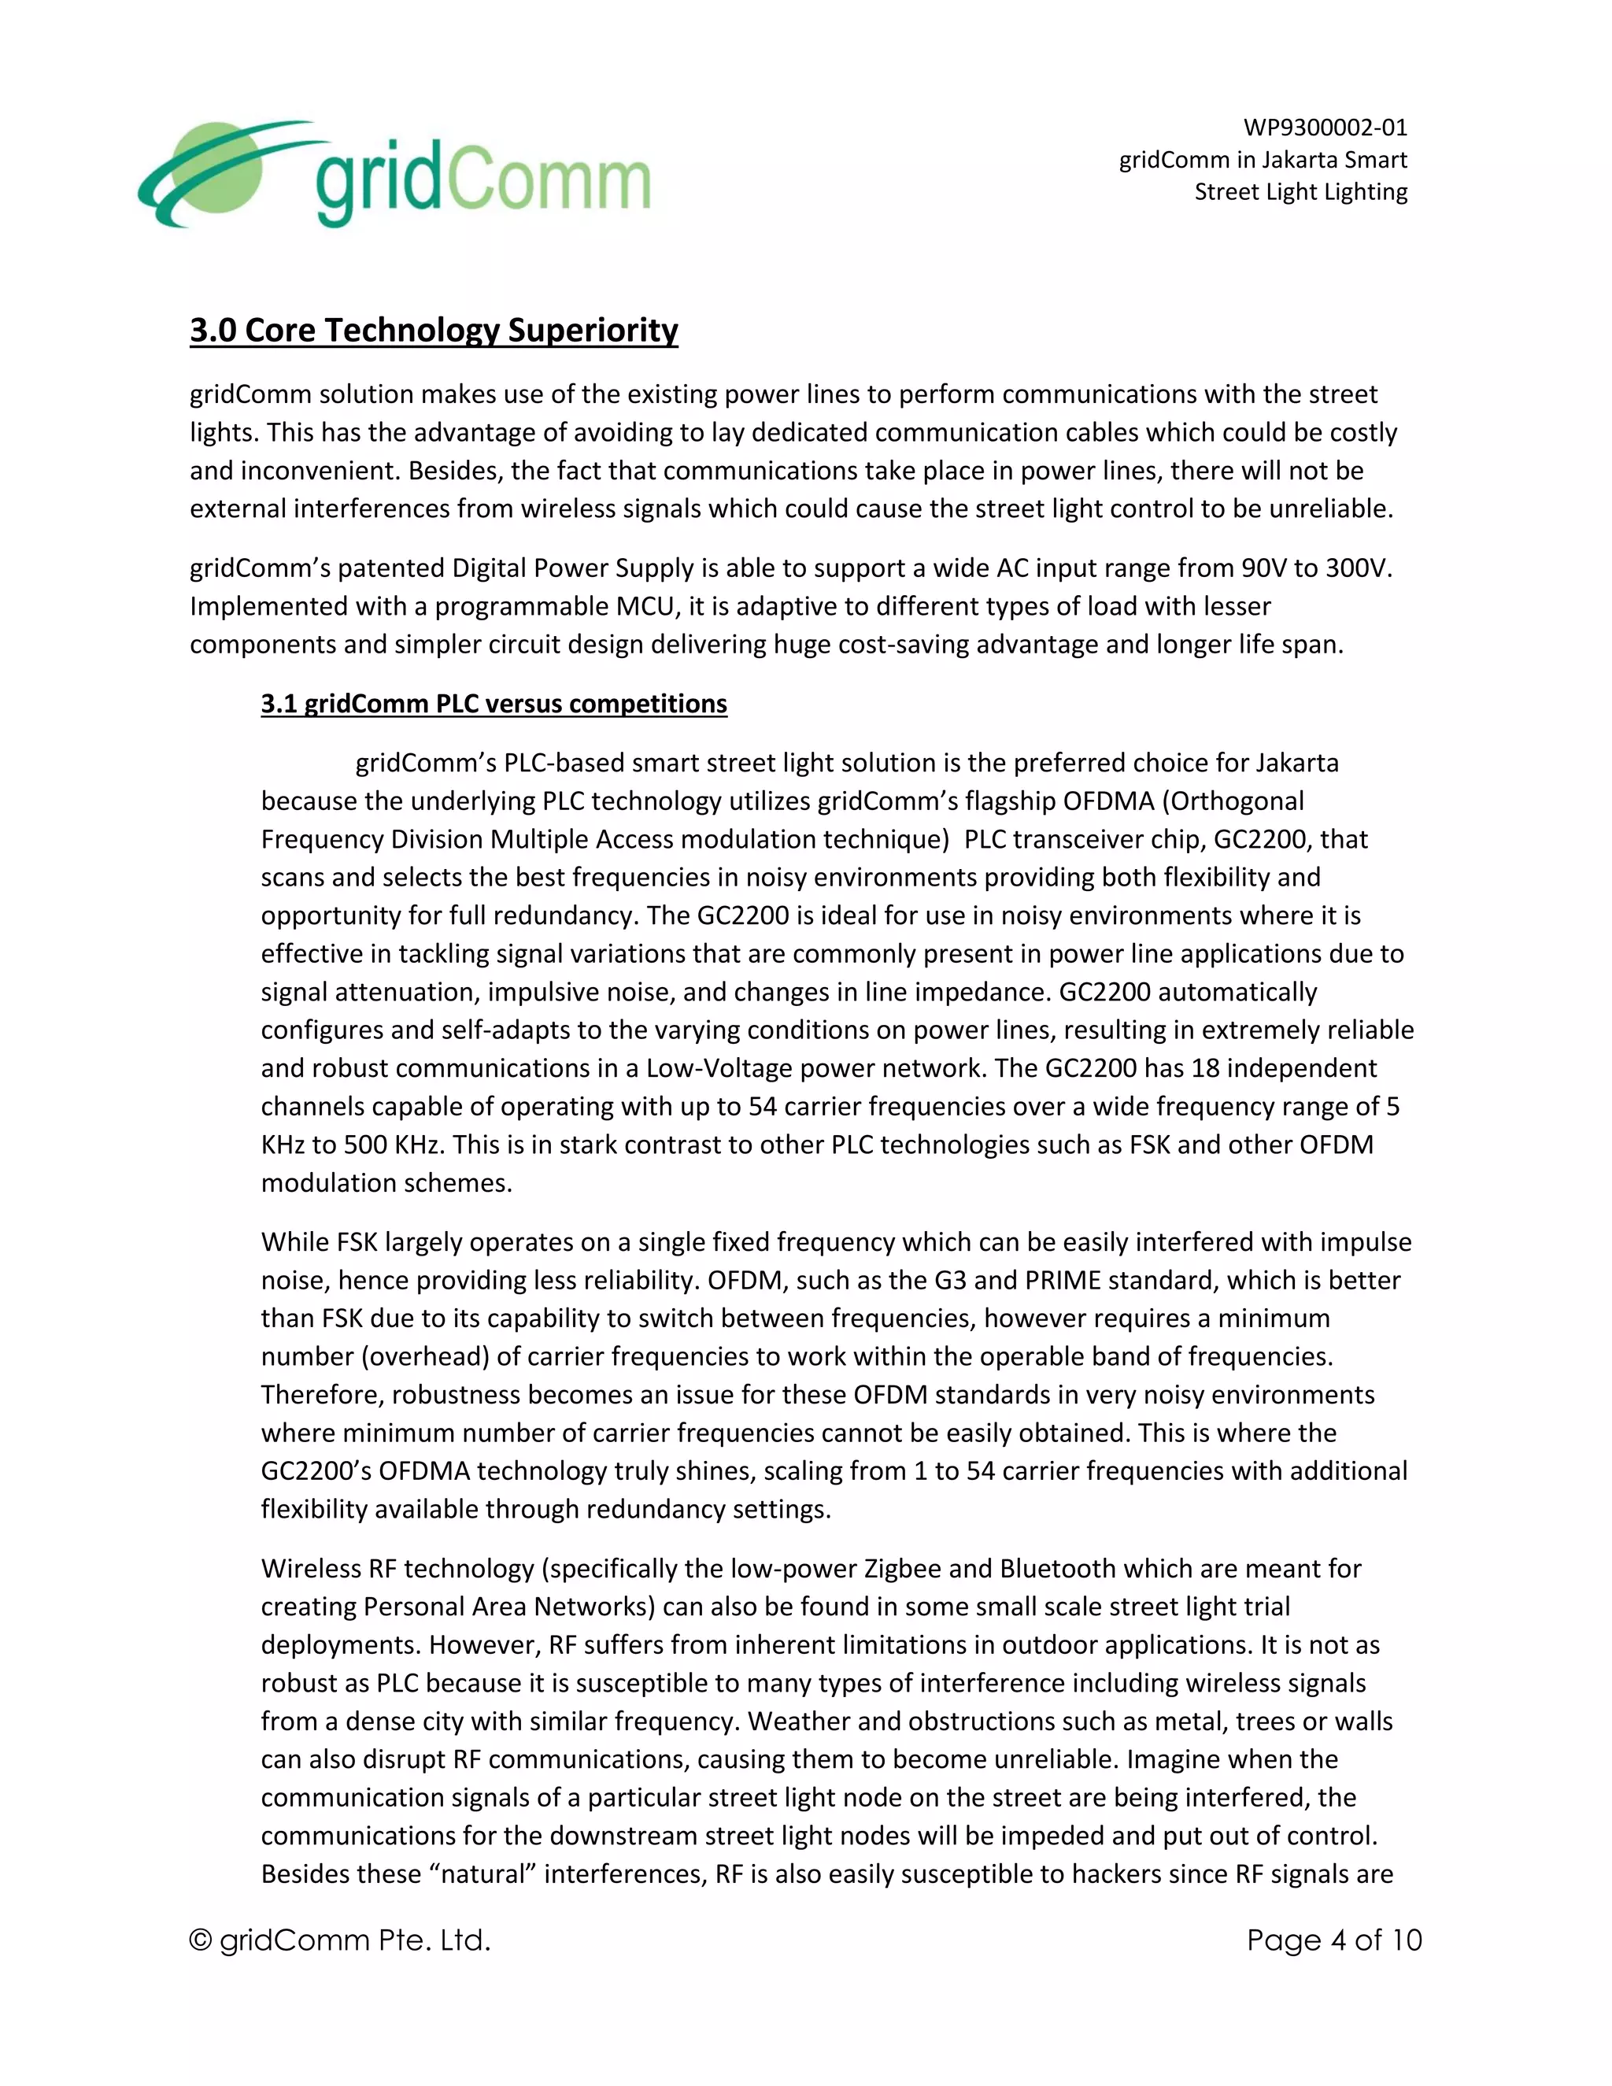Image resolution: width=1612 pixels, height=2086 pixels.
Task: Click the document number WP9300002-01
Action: coord(1325,127)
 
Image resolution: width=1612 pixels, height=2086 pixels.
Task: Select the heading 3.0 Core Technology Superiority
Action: coord(434,331)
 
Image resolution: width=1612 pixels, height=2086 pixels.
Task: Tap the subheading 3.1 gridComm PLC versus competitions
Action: coord(494,704)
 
